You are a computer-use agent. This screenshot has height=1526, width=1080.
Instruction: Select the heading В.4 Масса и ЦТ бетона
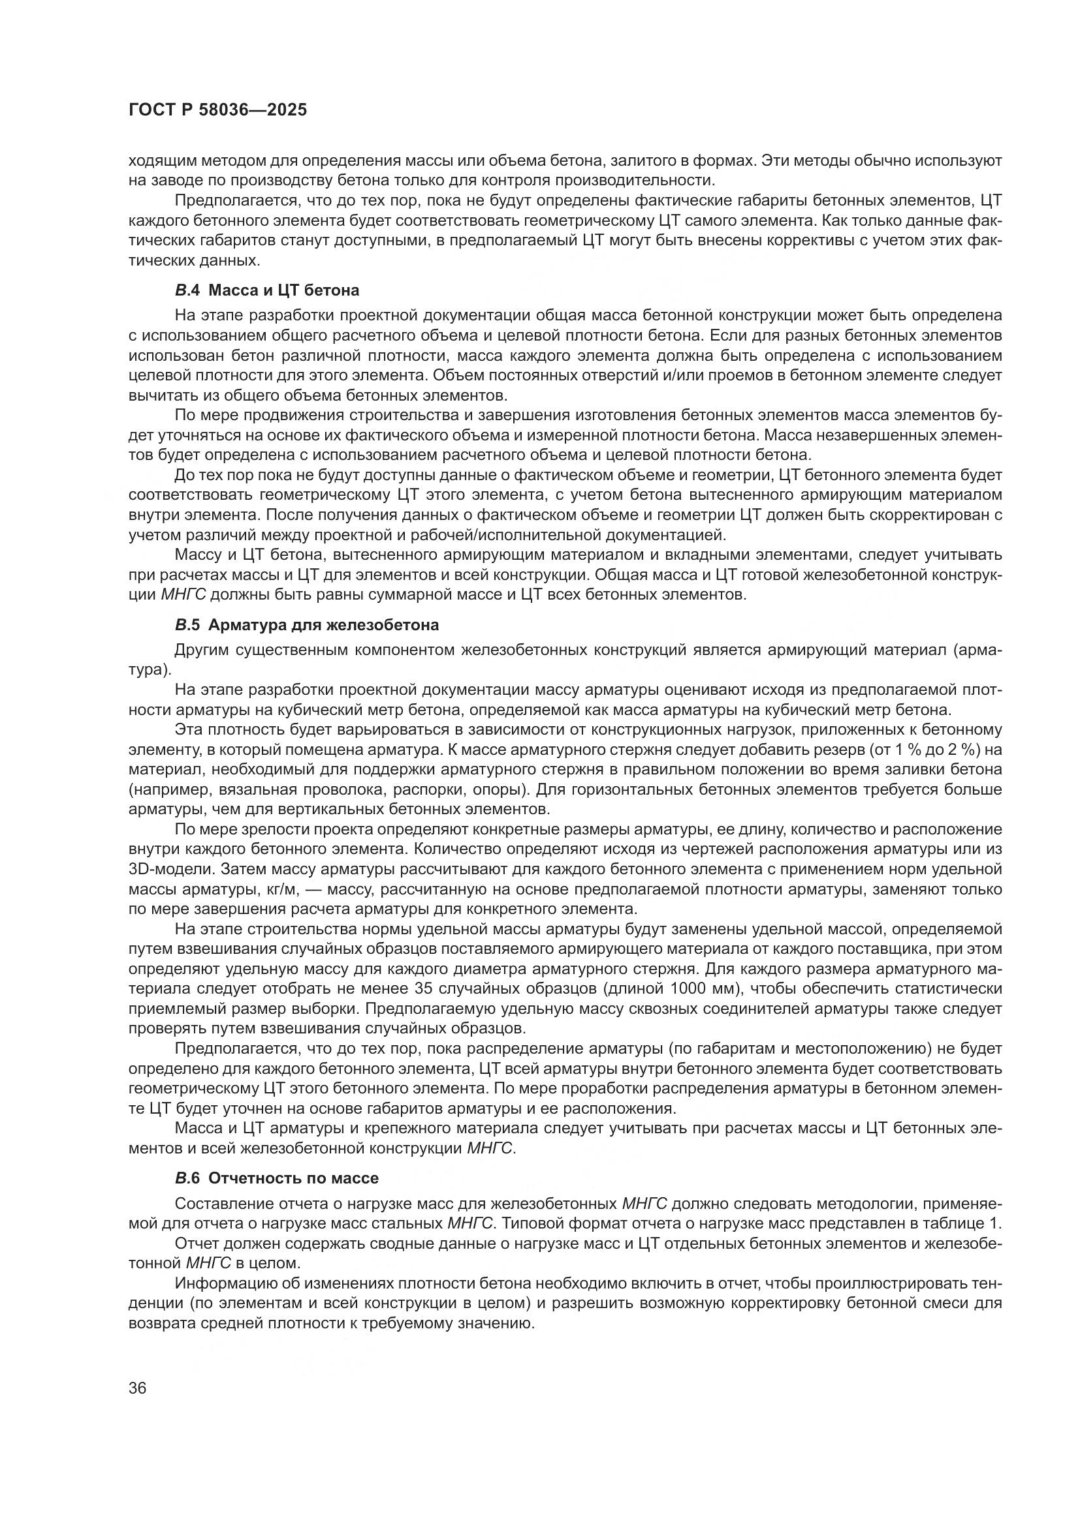[x=266, y=290]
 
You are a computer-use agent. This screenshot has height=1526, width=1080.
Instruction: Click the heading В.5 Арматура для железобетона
[x=307, y=625]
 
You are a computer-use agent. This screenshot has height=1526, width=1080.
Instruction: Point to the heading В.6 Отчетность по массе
[x=277, y=1178]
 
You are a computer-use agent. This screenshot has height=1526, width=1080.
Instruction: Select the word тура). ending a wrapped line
[x=150, y=669]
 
